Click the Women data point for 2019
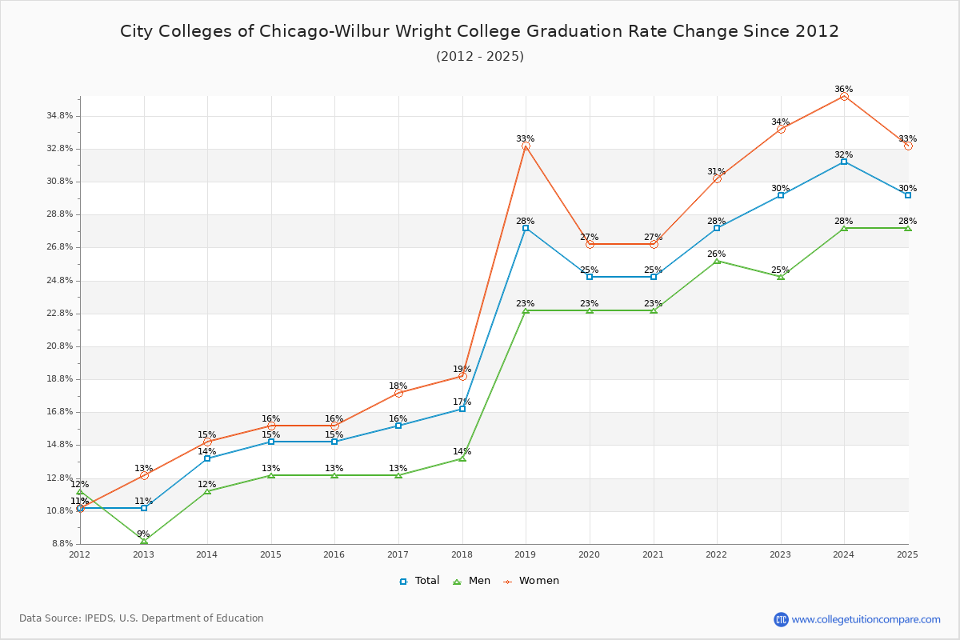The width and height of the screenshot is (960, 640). [x=526, y=146]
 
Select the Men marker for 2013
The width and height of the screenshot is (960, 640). [x=144, y=541]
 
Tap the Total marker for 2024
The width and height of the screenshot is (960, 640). [x=844, y=162]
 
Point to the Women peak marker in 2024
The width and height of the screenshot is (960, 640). [x=844, y=96]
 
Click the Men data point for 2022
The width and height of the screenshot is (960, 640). [x=717, y=261]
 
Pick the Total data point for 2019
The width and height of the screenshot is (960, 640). [x=526, y=228]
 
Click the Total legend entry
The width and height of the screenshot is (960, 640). [x=419, y=581]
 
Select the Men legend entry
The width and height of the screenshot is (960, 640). [x=474, y=581]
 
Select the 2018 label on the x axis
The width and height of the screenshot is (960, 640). [x=462, y=554]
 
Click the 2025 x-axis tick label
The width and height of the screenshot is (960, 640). [x=907, y=554]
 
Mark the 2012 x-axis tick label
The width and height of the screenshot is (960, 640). [x=80, y=554]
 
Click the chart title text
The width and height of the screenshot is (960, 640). [x=479, y=31]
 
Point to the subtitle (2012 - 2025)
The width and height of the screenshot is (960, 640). [x=479, y=56]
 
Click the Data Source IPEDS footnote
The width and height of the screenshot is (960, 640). [x=141, y=618]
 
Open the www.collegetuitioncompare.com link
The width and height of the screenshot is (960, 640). [x=866, y=619]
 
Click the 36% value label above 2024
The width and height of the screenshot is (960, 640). [x=844, y=89]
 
